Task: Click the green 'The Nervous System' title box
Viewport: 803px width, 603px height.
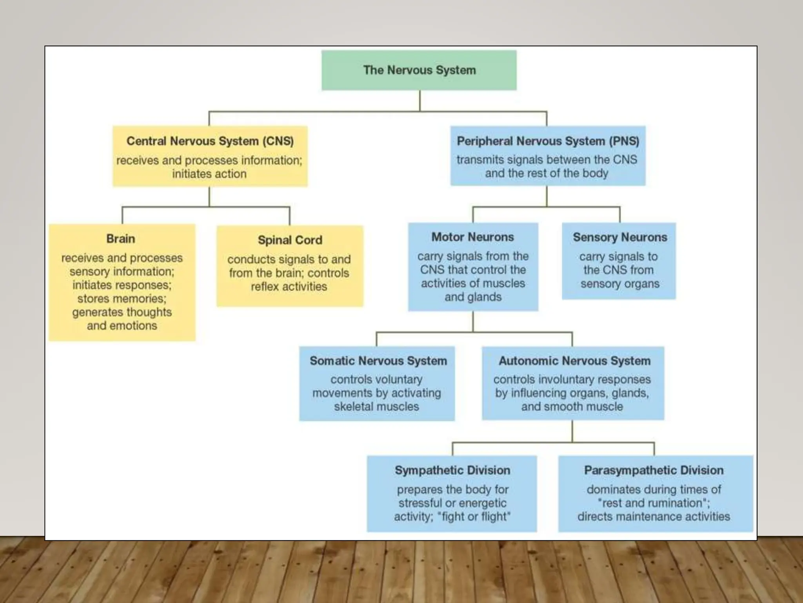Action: coord(419,70)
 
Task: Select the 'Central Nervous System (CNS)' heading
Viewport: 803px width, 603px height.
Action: coord(210,141)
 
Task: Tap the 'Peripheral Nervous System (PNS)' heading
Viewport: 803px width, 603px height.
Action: coord(548,141)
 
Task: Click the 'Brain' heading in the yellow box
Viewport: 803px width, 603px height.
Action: coord(121,239)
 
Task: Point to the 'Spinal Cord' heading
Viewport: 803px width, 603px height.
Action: coord(290,240)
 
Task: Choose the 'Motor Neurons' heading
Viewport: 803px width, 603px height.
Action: coord(472,237)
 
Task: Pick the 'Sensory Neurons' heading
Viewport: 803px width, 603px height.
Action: coord(620,237)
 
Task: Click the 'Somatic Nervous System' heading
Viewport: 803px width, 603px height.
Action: coord(378,361)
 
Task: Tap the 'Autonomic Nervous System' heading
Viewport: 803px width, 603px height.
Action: coord(574,361)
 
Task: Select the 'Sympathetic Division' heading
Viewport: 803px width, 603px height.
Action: coord(452,470)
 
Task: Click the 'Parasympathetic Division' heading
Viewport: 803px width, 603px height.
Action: coord(654,470)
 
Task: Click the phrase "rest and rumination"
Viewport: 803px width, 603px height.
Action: coord(653,503)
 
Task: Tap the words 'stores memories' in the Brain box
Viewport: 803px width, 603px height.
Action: coord(121,299)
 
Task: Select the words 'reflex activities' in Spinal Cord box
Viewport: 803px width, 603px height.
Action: coord(289,287)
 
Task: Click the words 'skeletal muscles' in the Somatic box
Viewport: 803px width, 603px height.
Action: coord(376,407)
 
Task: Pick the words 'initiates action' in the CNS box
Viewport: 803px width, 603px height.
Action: coord(209,174)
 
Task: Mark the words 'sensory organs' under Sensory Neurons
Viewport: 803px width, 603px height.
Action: coord(620,284)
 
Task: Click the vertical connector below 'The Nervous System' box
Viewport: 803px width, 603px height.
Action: coord(420,100)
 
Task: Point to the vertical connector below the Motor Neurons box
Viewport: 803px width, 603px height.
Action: coord(473,322)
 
